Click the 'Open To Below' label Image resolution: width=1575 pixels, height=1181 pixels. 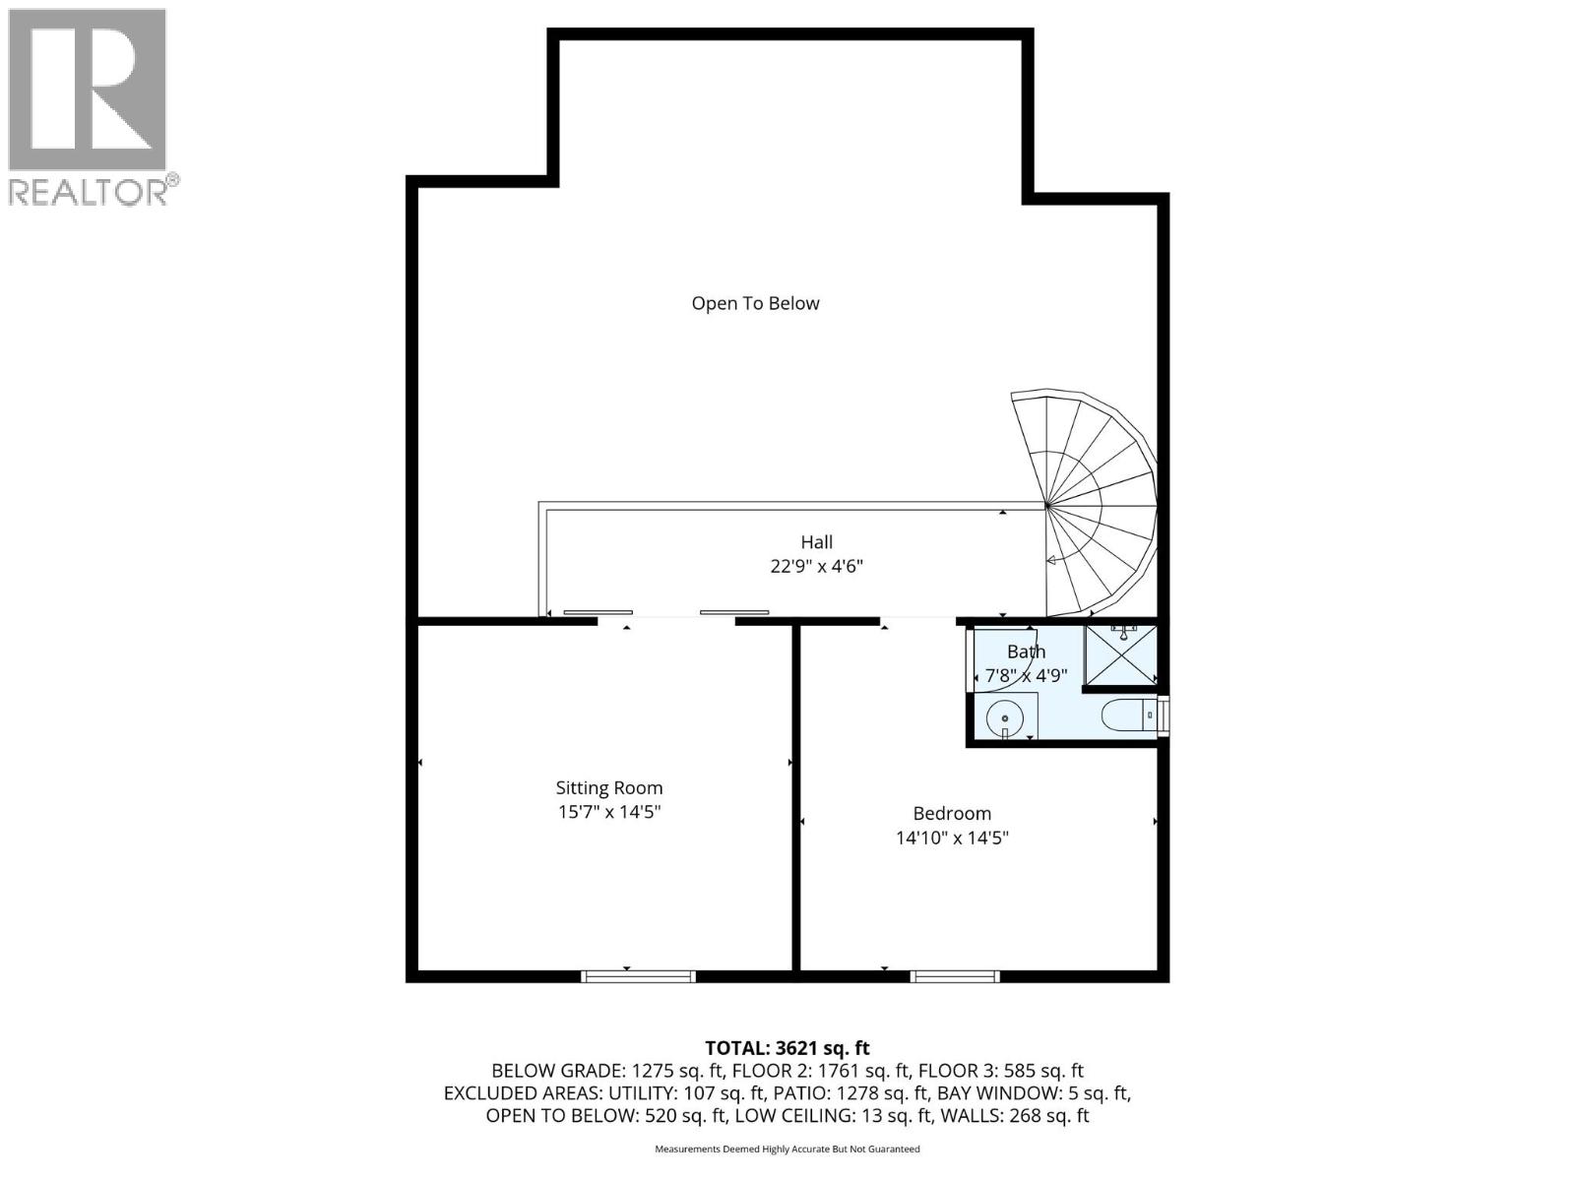pyautogui.click(x=755, y=303)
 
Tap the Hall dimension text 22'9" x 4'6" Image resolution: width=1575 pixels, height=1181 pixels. pyautogui.click(x=816, y=567)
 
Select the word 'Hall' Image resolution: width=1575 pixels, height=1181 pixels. pyautogui.click(x=816, y=541)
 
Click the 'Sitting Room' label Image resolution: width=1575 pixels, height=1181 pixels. pyautogui.click(x=609, y=787)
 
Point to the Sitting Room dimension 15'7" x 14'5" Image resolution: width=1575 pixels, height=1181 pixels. pyautogui.click(x=609, y=813)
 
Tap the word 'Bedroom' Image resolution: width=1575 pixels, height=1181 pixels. pyautogui.click(x=952, y=813)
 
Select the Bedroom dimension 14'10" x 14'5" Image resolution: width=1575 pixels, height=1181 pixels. pyautogui.click(x=952, y=839)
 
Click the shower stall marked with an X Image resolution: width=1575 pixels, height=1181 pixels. pyautogui.click(x=1120, y=654)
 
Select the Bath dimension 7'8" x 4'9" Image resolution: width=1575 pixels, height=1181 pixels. pyautogui.click(x=1027, y=676)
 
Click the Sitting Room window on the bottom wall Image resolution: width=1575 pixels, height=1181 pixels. pyautogui.click(x=638, y=976)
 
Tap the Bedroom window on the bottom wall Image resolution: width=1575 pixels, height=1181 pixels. pyautogui.click(x=955, y=976)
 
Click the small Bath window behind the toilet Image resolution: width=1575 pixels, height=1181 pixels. pyautogui.click(x=1164, y=715)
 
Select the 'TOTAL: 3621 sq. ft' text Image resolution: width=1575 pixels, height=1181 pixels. pyautogui.click(x=787, y=1048)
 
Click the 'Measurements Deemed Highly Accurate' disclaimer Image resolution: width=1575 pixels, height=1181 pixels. pyautogui.click(x=787, y=1149)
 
